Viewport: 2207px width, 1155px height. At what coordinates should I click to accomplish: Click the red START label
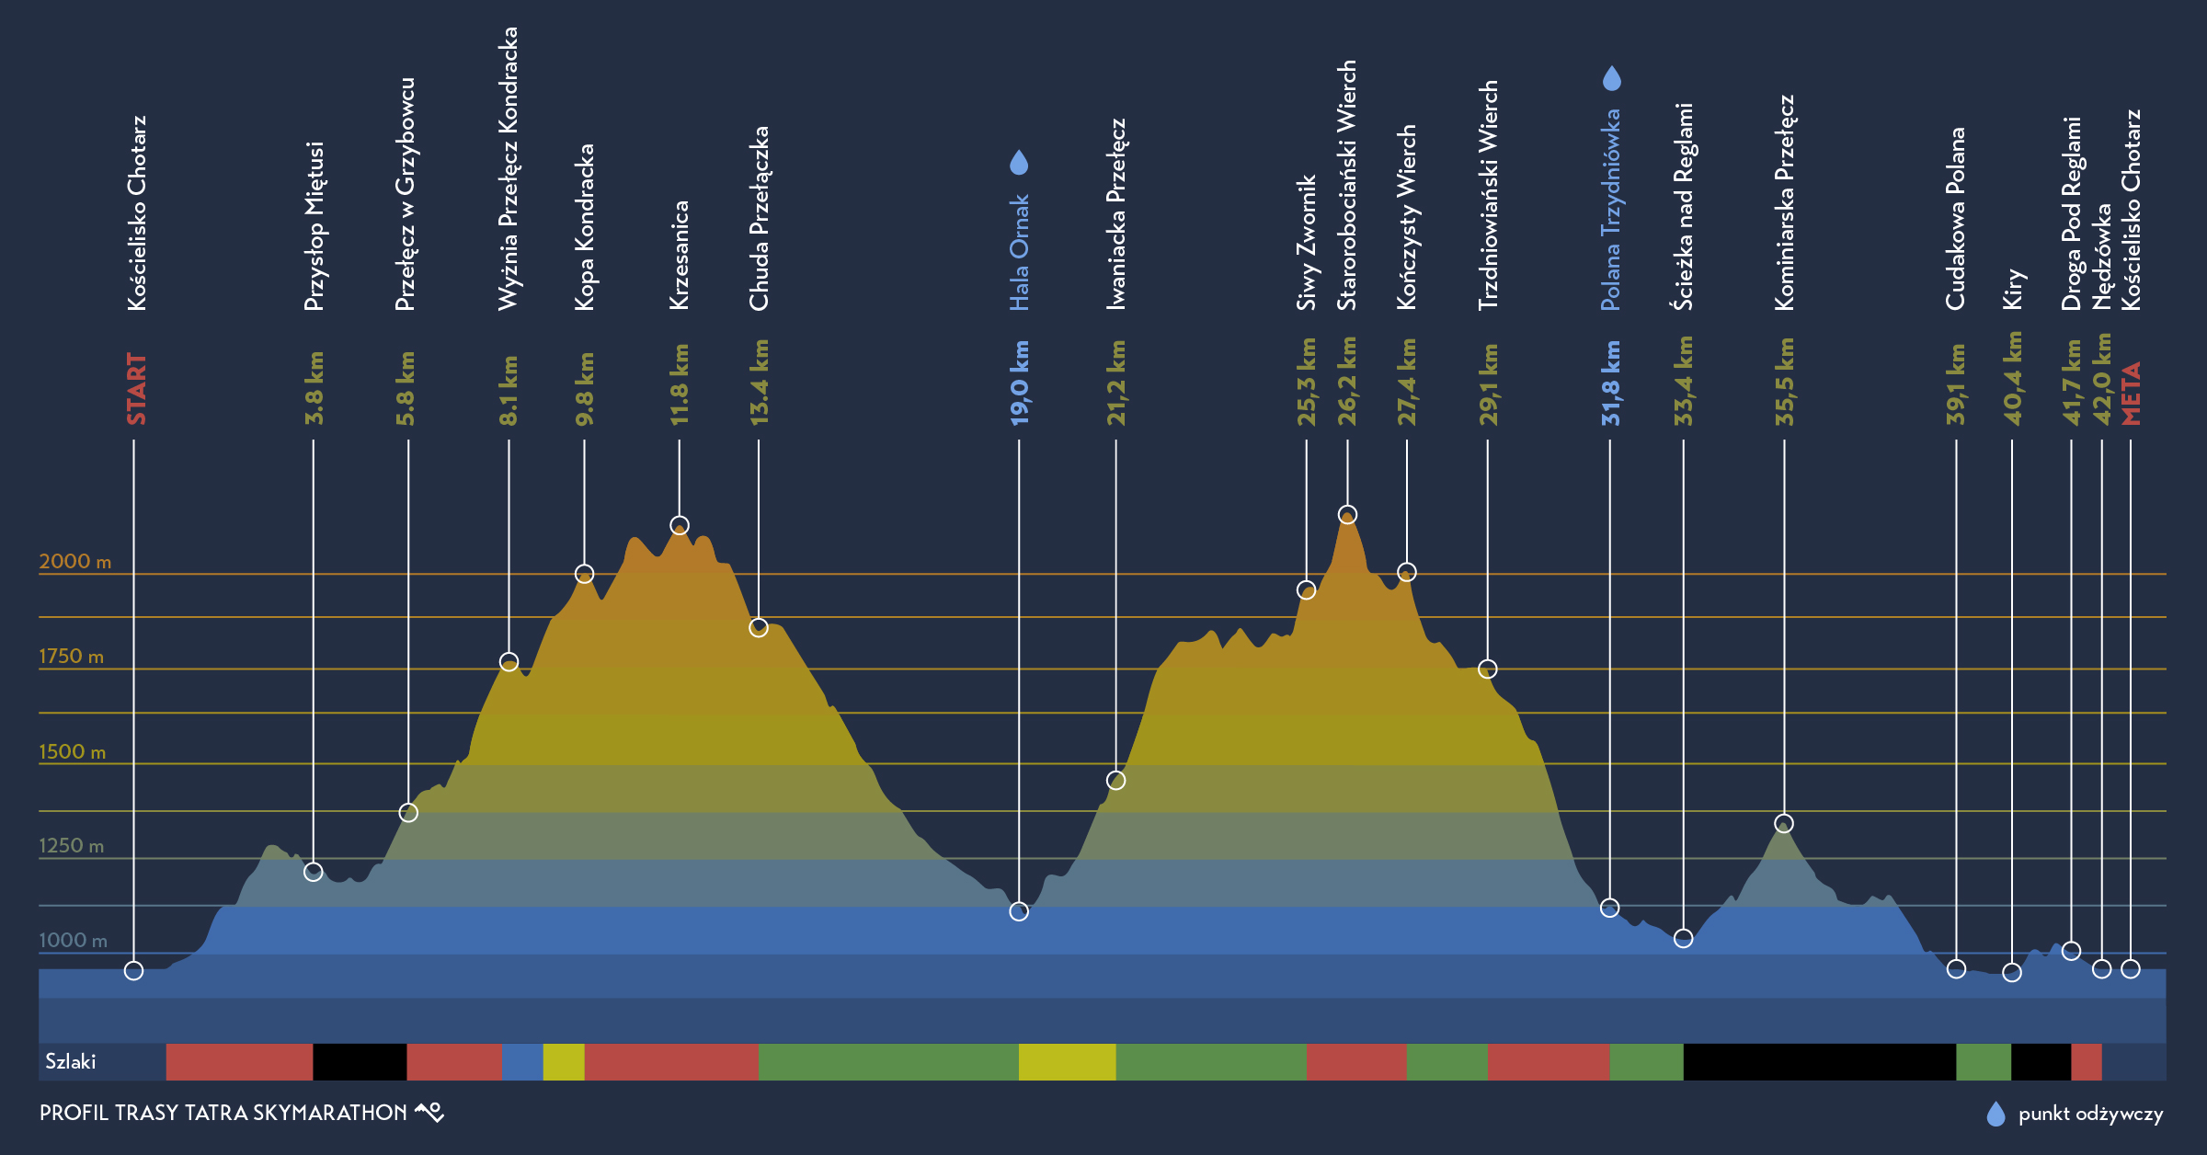click(136, 388)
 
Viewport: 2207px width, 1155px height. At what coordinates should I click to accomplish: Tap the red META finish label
click(2131, 393)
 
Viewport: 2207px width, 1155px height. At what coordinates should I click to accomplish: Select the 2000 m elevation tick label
click(74, 561)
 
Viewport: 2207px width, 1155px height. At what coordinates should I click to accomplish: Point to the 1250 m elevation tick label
click(71, 845)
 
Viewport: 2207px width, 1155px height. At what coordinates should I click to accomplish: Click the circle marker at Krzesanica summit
click(680, 526)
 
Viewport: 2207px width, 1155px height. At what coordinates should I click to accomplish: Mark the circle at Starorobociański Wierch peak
click(1347, 514)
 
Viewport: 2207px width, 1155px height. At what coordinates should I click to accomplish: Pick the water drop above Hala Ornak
click(1019, 163)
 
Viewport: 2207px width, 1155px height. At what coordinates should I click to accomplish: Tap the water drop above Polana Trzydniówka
click(1611, 78)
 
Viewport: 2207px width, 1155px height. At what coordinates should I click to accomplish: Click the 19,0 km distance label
click(1020, 383)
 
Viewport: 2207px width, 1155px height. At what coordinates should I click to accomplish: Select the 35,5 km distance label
click(1784, 382)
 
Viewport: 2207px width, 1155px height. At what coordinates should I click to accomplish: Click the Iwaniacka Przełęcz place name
click(1115, 213)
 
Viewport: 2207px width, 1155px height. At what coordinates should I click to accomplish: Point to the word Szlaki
click(71, 1061)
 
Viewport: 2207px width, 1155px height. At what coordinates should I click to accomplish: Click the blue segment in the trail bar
click(522, 1061)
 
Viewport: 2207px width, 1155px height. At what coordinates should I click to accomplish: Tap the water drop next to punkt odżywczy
click(1995, 1114)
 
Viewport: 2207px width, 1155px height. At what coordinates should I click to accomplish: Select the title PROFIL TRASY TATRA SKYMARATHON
click(223, 1113)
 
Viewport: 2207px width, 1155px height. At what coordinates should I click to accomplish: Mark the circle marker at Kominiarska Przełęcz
click(1784, 823)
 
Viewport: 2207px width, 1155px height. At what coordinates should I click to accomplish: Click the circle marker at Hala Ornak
click(1019, 911)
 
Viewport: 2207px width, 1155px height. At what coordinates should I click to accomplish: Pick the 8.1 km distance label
click(509, 390)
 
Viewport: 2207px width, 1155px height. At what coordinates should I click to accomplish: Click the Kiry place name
click(2012, 288)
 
